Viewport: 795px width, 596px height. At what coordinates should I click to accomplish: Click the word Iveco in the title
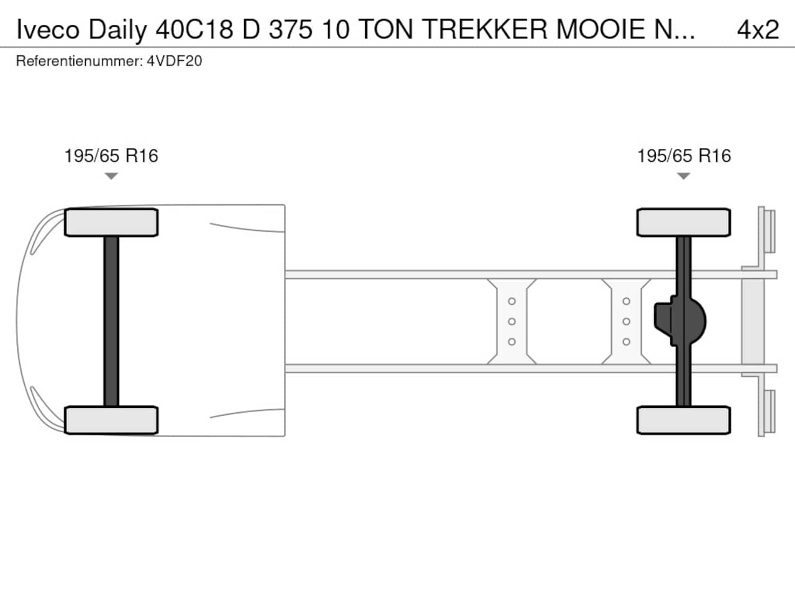(x=48, y=30)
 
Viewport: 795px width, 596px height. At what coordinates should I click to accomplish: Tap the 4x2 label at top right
(x=758, y=30)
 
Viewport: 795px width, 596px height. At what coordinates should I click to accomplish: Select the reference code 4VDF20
(x=174, y=61)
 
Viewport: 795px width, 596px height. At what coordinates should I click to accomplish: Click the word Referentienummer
(x=79, y=61)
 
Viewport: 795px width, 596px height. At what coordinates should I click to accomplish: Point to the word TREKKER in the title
(x=484, y=30)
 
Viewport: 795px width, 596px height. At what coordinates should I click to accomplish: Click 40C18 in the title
(x=194, y=30)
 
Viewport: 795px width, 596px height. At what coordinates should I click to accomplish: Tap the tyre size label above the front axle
(x=111, y=156)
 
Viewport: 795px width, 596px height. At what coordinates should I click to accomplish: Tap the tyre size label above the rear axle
(x=684, y=156)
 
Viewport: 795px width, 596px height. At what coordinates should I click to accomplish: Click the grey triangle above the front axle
(x=111, y=176)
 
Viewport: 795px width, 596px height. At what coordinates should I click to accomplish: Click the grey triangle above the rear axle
(x=683, y=176)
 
